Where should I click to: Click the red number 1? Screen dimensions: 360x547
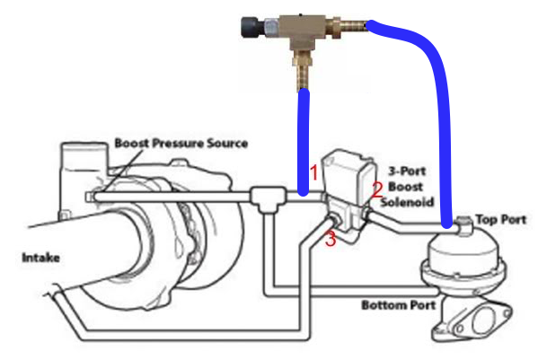[313, 170]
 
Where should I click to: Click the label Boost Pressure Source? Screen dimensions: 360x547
[181, 143]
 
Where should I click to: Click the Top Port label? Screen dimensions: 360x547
[499, 219]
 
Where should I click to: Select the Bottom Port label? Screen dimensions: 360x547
[398, 305]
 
